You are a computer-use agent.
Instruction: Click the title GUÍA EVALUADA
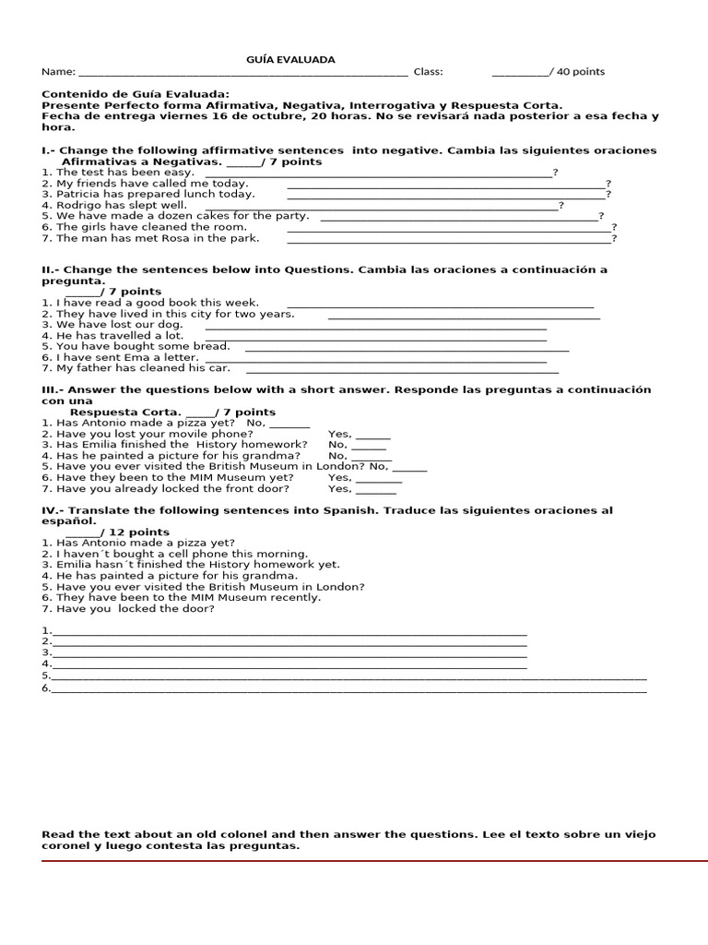pos(290,60)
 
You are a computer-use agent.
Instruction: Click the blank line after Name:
pos(243,73)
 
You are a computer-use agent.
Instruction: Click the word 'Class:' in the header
pos(428,72)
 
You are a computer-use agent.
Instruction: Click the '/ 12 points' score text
pos(134,532)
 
